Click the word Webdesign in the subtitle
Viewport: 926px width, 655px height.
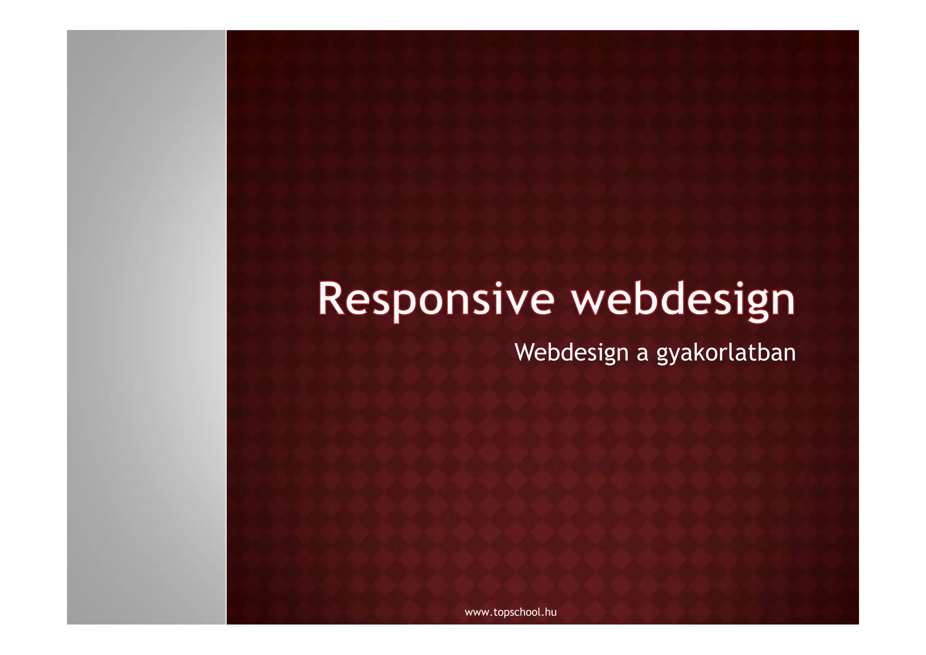tap(572, 352)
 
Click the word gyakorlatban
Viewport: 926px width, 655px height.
tap(726, 352)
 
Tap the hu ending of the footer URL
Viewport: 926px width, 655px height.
tap(552, 612)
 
